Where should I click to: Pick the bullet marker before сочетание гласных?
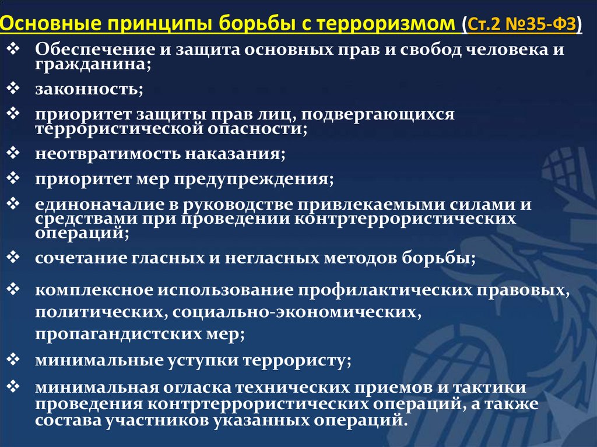point(15,257)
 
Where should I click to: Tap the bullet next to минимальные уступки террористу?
point(15,359)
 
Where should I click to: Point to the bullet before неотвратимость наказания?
point(15,153)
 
